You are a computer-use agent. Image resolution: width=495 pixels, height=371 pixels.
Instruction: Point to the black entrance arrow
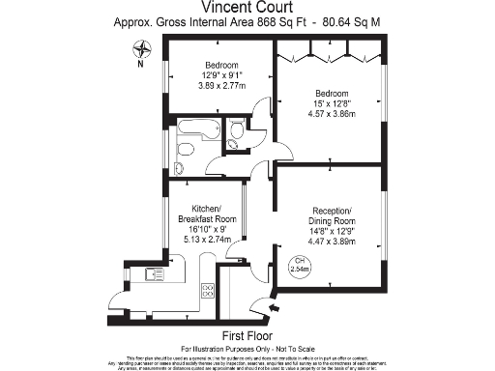pyautogui.click(x=276, y=308)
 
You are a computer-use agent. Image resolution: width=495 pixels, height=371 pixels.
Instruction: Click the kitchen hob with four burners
pyautogui.click(x=208, y=290)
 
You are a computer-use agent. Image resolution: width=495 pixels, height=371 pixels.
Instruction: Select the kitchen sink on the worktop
pyautogui.click(x=156, y=275)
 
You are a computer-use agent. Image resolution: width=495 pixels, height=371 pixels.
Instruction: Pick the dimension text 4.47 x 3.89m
pyautogui.click(x=332, y=240)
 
